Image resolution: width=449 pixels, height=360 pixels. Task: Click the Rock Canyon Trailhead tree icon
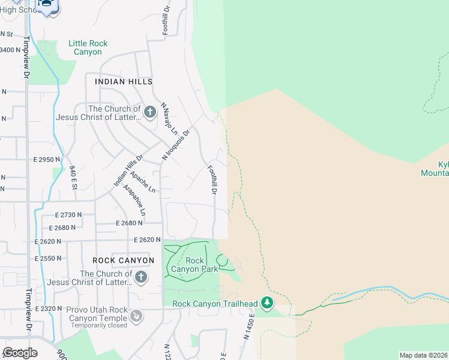click(267, 303)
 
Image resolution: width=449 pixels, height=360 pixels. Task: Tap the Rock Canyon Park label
click(195, 265)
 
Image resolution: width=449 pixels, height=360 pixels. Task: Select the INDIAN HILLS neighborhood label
click(124, 82)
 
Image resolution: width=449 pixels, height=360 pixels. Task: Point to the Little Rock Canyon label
click(88, 48)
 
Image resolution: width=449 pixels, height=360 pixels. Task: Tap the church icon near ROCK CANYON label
click(140, 277)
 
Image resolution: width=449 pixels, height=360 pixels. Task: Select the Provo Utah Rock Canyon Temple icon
click(137, 315)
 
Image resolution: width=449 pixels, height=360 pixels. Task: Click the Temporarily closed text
click(99, 325)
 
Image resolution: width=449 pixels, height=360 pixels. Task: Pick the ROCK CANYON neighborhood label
click(124, 260)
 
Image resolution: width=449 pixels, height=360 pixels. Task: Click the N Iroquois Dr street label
click(176, 145)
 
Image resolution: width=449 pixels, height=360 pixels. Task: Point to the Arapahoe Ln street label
click(134, 200)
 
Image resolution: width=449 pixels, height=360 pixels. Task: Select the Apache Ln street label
click(142, 182)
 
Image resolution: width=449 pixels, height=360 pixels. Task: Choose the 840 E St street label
click(73, 178)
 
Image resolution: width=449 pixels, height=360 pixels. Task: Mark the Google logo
click(20, 353)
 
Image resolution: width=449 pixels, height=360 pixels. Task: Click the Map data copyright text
click(423, 355)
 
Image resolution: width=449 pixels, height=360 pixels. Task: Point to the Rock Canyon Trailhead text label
click(215, 304)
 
